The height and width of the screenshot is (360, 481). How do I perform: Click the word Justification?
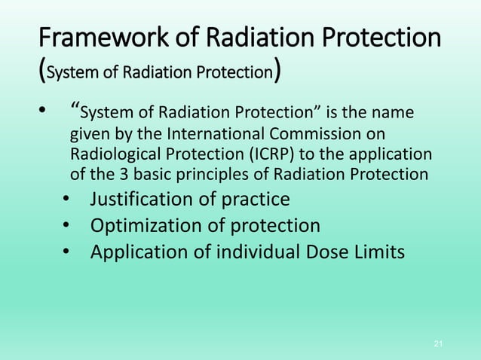[144, 200]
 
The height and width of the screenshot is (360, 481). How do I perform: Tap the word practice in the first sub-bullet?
[256, 200]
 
